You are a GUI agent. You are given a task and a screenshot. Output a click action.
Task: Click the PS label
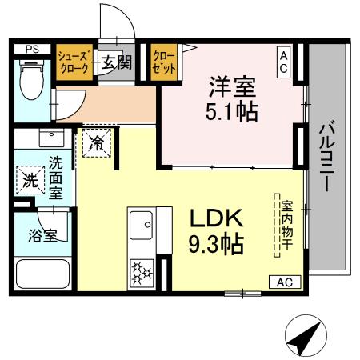click(32, 49)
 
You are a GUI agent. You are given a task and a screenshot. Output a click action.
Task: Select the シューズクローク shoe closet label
click(74, 62)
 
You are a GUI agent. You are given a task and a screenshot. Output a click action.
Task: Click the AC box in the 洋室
click(283, 62)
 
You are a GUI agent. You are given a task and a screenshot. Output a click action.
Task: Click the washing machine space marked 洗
click(29, 180)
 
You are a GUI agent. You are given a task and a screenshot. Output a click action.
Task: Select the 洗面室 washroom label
click(55, 176)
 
